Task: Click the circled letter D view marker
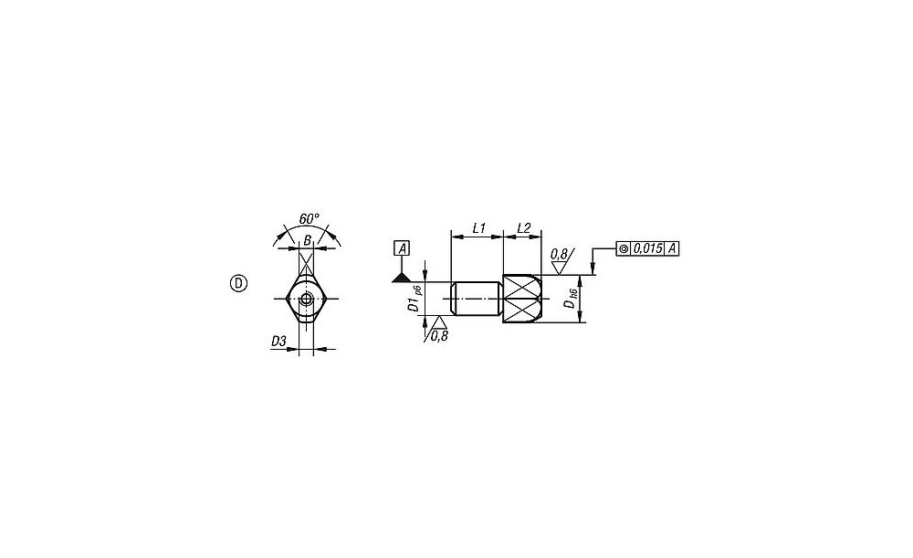238,284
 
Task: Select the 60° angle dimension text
310,219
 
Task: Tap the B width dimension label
307,240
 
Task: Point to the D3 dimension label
278,342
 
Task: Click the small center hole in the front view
306,300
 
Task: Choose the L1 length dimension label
478,228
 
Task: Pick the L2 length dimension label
523,228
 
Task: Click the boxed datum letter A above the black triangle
402,248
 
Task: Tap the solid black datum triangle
402,278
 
